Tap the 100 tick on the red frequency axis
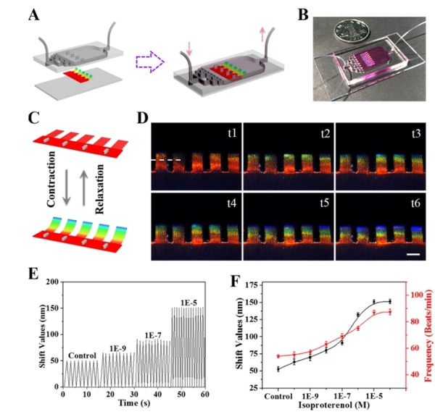pos(415,295)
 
